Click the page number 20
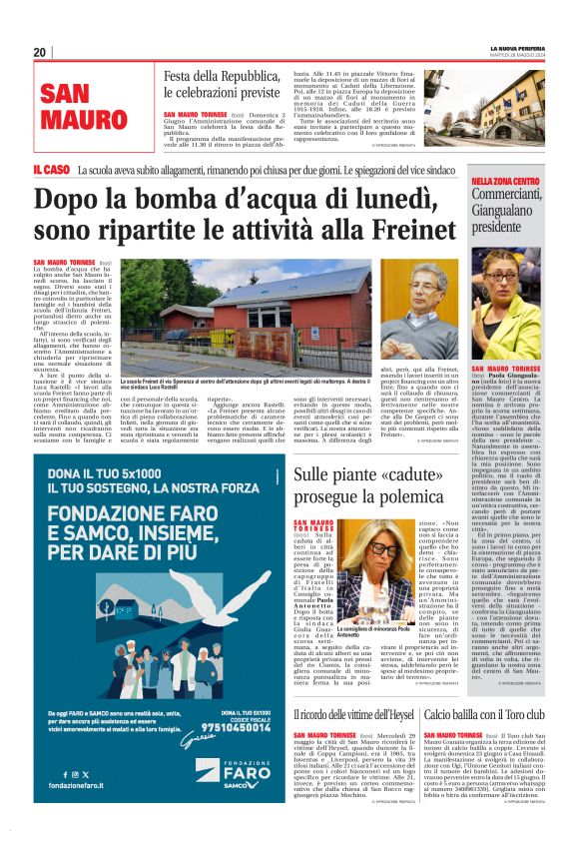pos(39,52)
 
